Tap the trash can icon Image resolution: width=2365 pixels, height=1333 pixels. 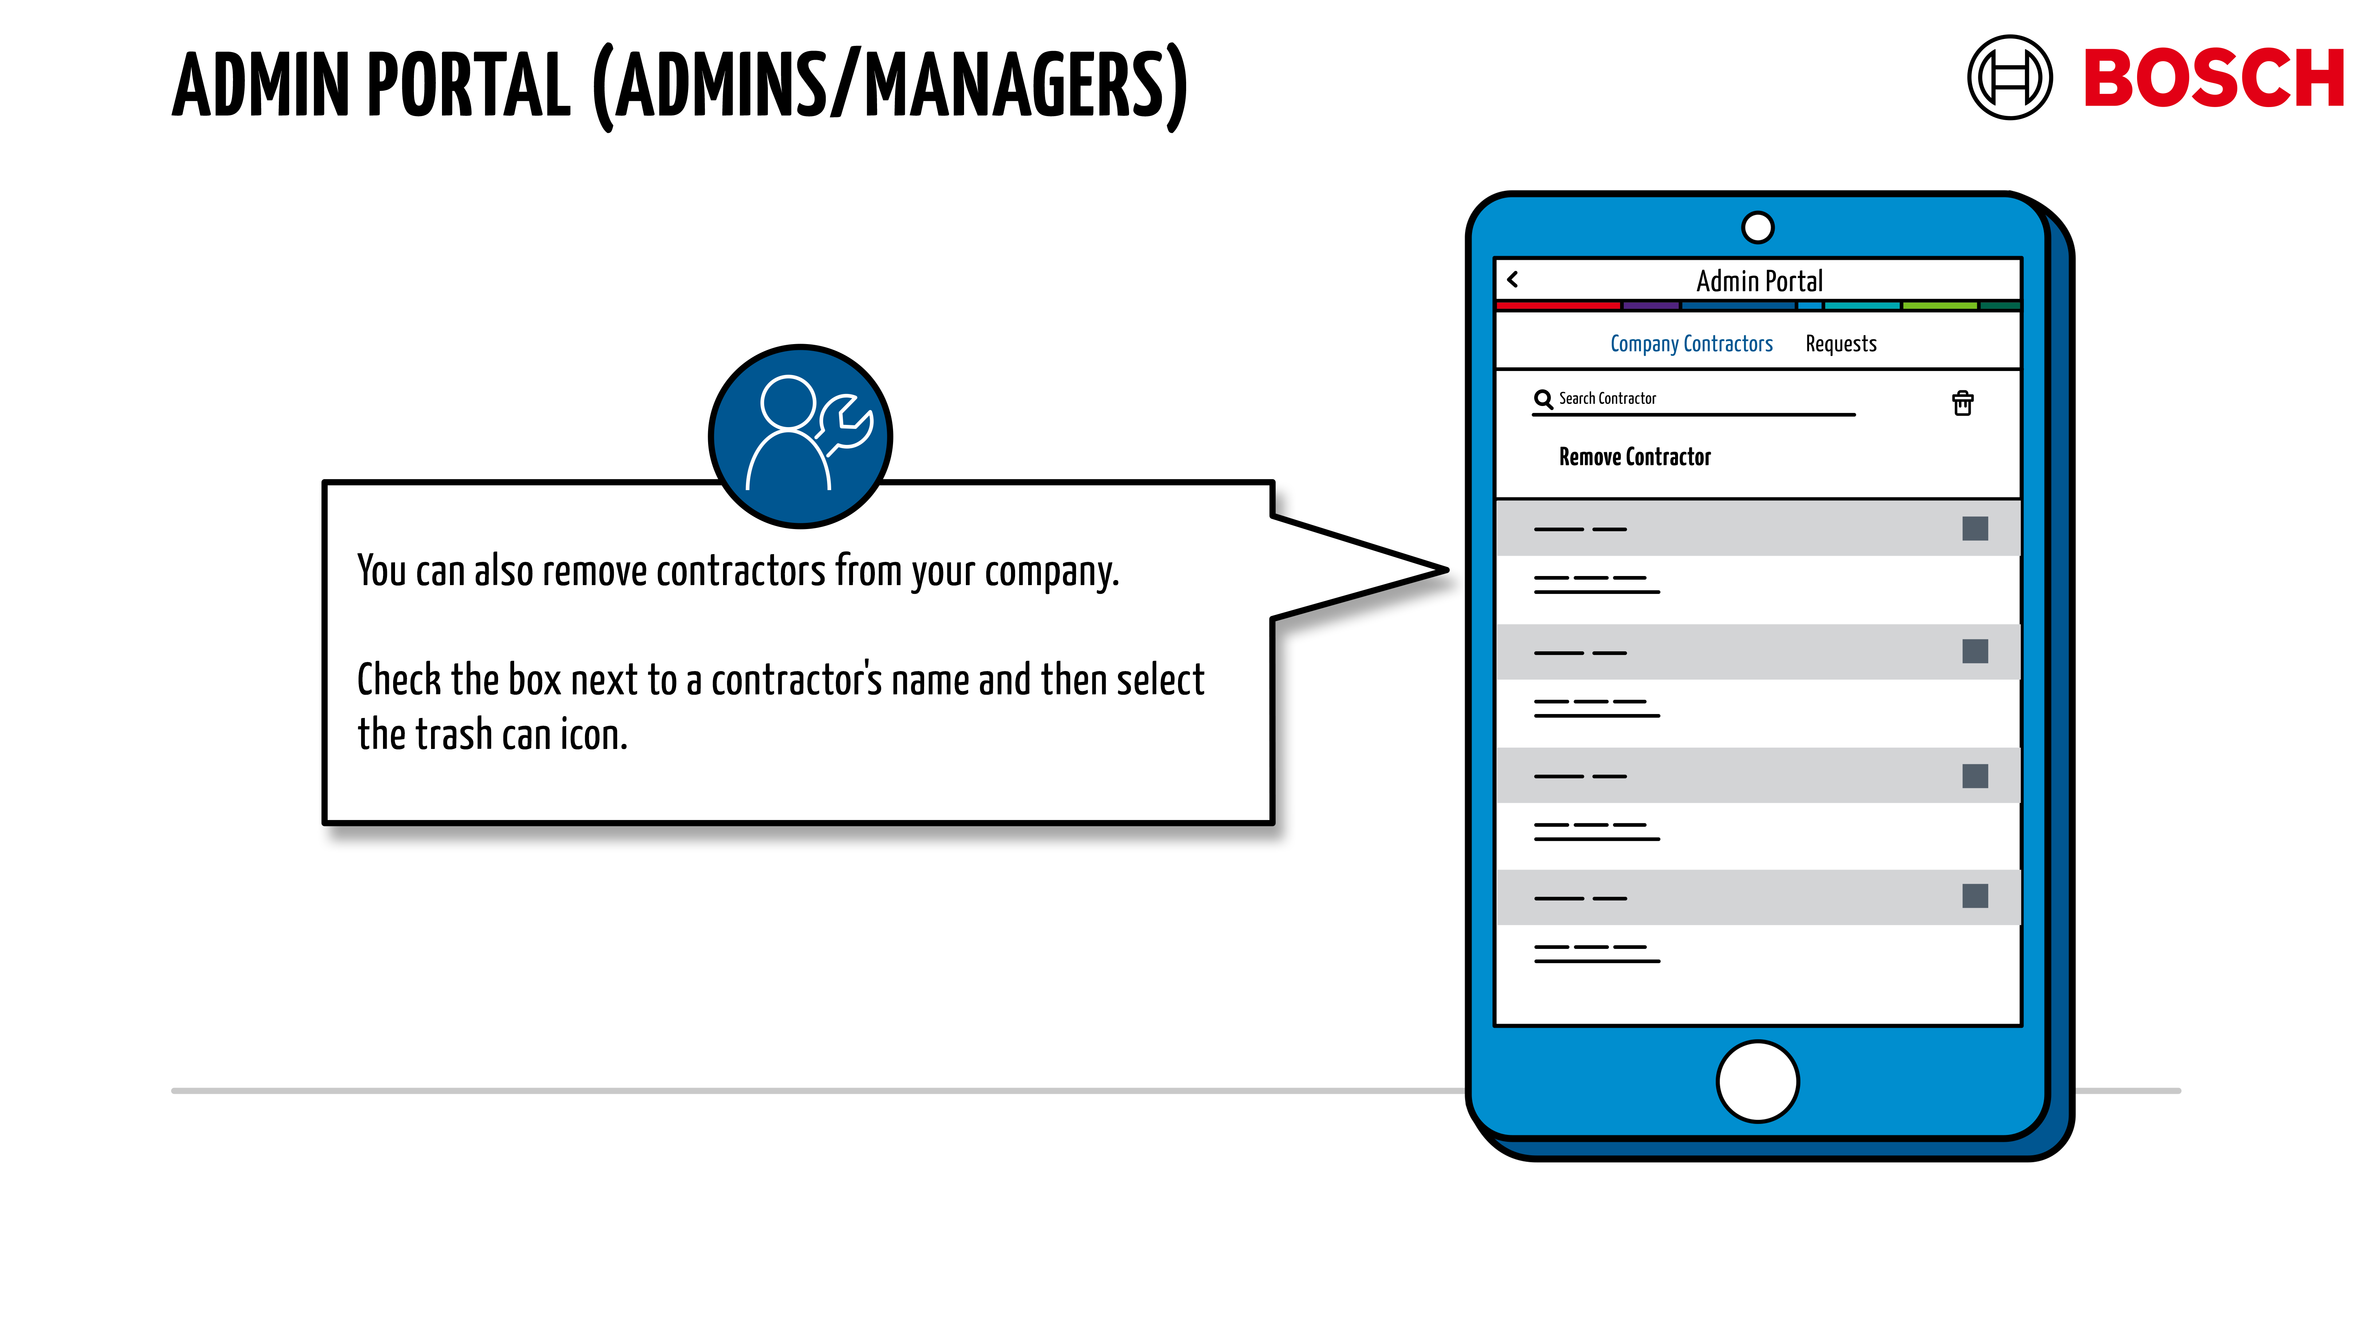coord(1962,403)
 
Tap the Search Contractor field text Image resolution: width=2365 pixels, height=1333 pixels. coord(1607,398)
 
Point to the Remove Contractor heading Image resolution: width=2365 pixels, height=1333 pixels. coord(1634,456)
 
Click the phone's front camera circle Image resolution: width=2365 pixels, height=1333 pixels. coord(1757,228)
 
